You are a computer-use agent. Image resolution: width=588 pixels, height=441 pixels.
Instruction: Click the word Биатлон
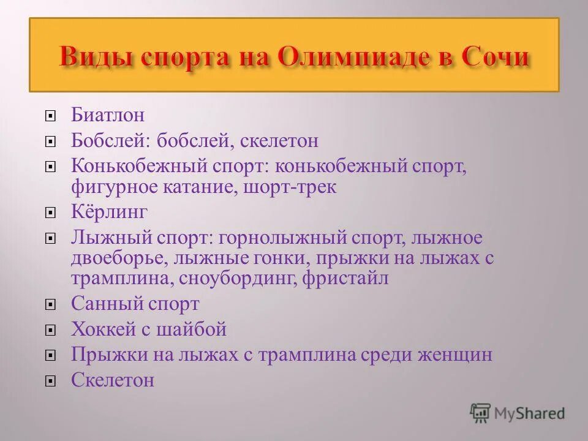point(108,115)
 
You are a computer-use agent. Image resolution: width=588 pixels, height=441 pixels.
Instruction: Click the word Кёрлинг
point(110,212)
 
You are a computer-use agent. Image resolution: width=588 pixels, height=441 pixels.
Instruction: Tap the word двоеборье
point(119,258)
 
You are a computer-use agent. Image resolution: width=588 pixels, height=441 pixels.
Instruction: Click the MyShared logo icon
point(480,413)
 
